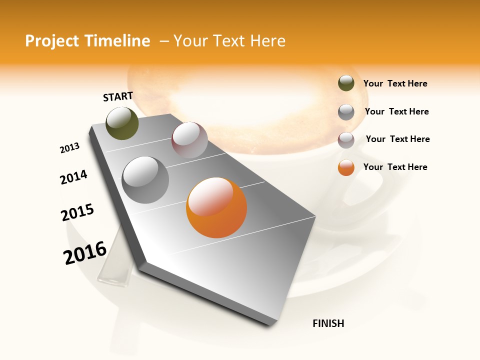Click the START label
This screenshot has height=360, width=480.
pos(118,96)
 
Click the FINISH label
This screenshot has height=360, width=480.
pos(328,323)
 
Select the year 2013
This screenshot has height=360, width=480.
pos(70,148)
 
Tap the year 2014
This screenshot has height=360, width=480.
pos(74,177)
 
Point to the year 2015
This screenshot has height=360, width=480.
pos(77,212)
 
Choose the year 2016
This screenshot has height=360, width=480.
pos(85,252)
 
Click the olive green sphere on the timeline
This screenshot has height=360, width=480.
pos(122,123)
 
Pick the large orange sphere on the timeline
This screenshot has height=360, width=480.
pos(216,207)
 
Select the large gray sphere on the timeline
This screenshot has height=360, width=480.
pos(145,180)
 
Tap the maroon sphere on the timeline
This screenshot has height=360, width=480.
pos(189,140)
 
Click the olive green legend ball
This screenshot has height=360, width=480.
pos(346,83)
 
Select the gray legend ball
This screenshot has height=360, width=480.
pos(346,112)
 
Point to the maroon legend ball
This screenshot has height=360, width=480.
pos(346,140)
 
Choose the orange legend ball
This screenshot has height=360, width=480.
pos(346,167)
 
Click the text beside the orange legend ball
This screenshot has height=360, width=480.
pos(395,167)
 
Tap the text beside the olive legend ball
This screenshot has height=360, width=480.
pos(395,83)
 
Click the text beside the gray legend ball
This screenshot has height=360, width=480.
pos(396,111)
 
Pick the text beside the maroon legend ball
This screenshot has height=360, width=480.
pos(397,139)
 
